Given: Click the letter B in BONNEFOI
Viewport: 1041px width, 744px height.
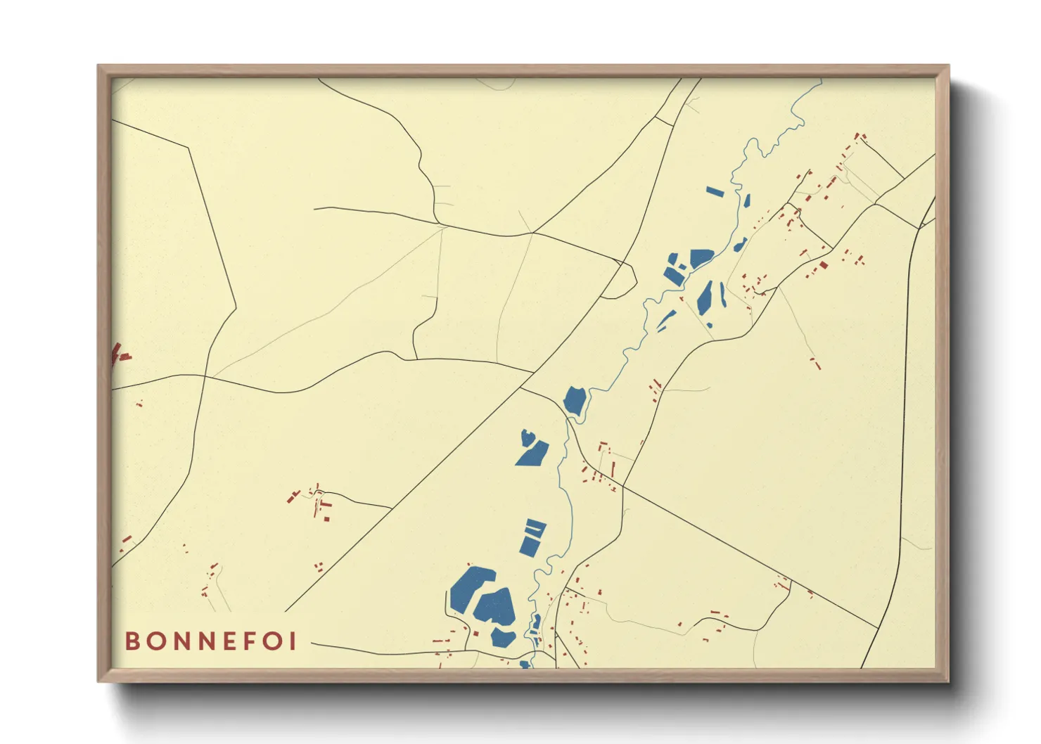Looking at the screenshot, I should point(132,641).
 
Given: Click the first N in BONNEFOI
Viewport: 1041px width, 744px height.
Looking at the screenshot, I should point(178,641).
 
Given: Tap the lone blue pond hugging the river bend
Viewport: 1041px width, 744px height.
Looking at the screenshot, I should point(574,400).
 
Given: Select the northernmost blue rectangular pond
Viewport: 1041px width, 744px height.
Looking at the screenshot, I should point(715,191).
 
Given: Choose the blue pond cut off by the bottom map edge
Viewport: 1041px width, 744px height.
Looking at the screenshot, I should point(524,664).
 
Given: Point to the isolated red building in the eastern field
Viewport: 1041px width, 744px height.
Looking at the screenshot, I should point(815,363).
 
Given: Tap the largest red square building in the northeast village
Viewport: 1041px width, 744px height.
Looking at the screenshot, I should point(823,265).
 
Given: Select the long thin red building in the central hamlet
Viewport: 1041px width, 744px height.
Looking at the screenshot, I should point(613,468).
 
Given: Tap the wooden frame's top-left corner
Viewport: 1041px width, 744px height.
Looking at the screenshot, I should point(98,66).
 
